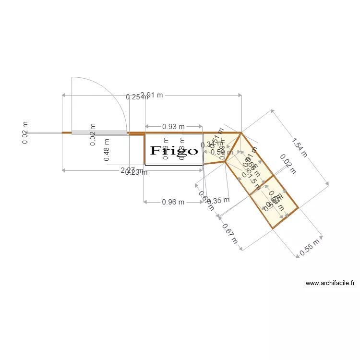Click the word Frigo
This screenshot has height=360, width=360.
[x=174, y=151]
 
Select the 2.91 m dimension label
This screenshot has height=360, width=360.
[x=152, y=95]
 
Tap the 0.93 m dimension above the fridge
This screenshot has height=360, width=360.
[x=173, y=127]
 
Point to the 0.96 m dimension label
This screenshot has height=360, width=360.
[x=173, y=202]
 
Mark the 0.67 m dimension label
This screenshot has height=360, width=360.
[x=230, y=233]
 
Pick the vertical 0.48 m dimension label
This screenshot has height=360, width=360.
[x=107, y=149]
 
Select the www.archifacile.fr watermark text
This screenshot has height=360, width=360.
[x=330, y=284]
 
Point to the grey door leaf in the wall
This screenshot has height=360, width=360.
[x=99, y=132]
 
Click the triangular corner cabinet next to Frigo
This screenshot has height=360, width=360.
[x=218, y=146]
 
